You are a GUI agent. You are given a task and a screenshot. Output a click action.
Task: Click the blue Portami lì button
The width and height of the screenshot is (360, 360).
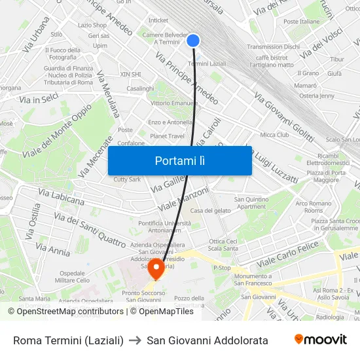coord(180,160)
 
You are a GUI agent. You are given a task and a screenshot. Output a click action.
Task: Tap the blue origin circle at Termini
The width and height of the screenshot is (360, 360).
coord(192,41)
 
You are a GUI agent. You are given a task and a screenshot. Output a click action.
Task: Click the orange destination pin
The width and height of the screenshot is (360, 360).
coord(156,268)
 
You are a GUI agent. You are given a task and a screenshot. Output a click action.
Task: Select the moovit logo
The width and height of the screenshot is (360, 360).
coord(321,340)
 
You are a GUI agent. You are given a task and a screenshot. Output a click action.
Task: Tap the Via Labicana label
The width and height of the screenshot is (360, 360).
coord(61,196)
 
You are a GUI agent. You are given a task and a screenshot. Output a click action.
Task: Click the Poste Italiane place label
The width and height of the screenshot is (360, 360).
coord(302,22)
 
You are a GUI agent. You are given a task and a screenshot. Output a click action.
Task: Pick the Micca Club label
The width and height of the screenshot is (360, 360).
coord(274,135)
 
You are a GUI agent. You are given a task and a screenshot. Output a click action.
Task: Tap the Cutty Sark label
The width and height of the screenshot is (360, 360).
coord(127,179)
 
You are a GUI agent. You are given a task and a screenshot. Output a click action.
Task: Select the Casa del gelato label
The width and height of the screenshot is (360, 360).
coord(210,211)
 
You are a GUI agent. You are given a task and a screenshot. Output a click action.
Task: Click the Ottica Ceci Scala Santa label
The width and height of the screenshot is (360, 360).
coord(223,245)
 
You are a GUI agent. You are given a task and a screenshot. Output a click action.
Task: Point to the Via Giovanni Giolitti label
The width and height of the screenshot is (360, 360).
coord(284,118)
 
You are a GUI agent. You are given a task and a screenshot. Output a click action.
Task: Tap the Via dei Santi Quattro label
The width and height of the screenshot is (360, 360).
coord(89,230)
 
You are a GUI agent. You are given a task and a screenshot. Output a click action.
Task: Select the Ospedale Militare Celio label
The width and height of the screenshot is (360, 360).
coord(75,276)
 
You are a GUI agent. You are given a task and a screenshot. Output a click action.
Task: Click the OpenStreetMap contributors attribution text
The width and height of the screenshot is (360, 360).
coord(66,312)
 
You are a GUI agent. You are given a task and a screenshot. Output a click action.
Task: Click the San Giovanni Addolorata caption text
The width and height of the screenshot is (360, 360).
coord(207,340)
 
